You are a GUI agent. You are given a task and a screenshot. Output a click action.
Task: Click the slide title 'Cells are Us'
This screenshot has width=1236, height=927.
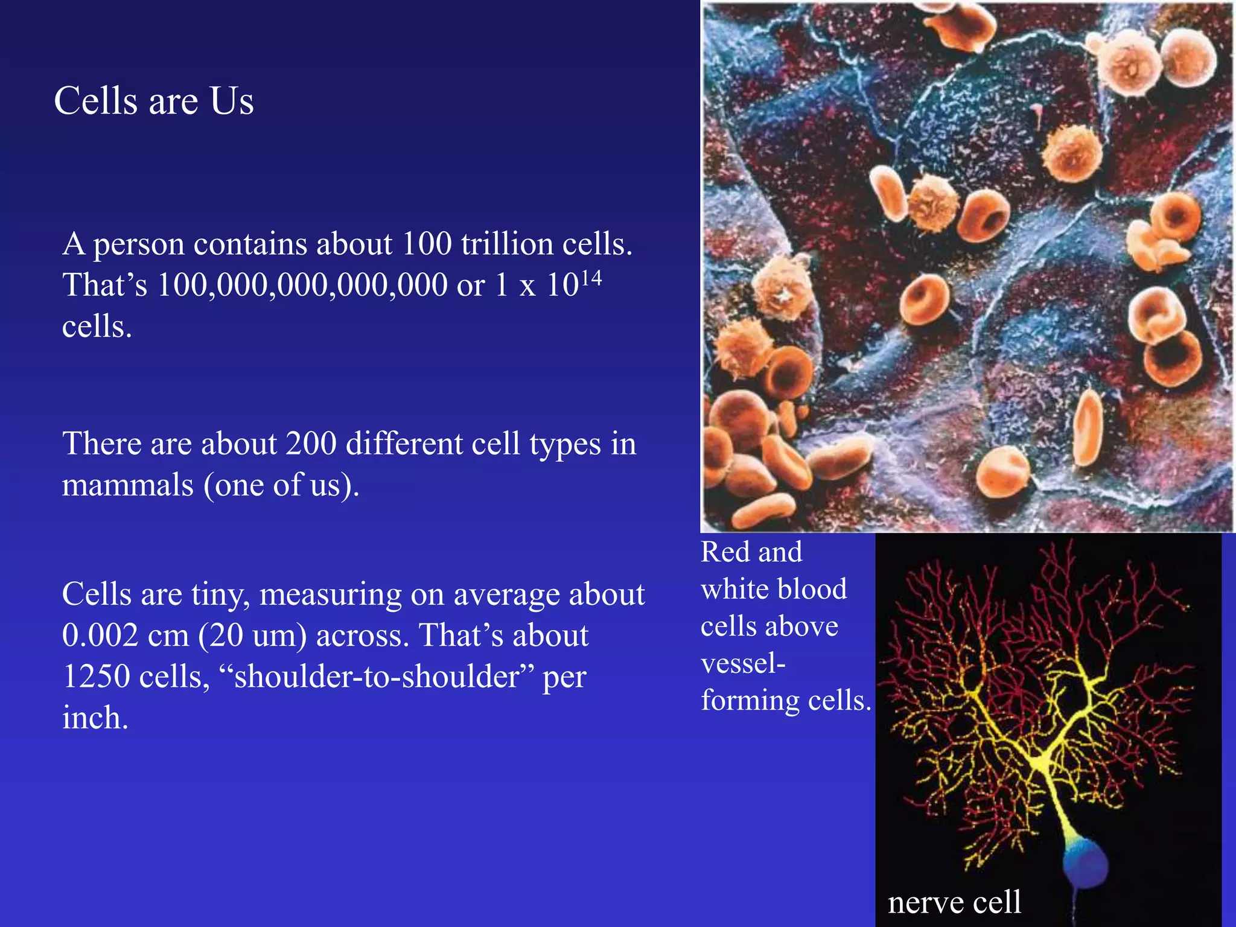[154, 101]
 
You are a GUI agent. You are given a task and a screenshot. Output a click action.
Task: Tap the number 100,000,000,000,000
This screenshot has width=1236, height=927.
[302, 285]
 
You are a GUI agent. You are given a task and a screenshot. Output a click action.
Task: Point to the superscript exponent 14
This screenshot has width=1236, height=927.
[591, 278]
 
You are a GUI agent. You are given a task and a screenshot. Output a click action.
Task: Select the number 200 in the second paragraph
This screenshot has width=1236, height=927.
[311, 444]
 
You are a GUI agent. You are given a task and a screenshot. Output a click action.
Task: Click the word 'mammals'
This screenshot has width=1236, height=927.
[127, 485]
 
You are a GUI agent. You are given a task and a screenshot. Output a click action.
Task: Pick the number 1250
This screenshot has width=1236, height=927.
[97, 677]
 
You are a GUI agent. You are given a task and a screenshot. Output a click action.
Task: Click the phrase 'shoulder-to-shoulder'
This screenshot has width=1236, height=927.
[377, 677]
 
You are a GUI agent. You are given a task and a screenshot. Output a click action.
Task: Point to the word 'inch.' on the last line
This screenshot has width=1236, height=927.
[95, 718]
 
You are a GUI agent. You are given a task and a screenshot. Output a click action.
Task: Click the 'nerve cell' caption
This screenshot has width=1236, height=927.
[954, 903]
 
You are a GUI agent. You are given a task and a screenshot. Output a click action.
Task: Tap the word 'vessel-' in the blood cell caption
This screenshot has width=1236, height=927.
[743, 664]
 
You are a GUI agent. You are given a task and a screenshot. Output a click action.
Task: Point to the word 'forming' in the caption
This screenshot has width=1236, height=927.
[750, 701]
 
